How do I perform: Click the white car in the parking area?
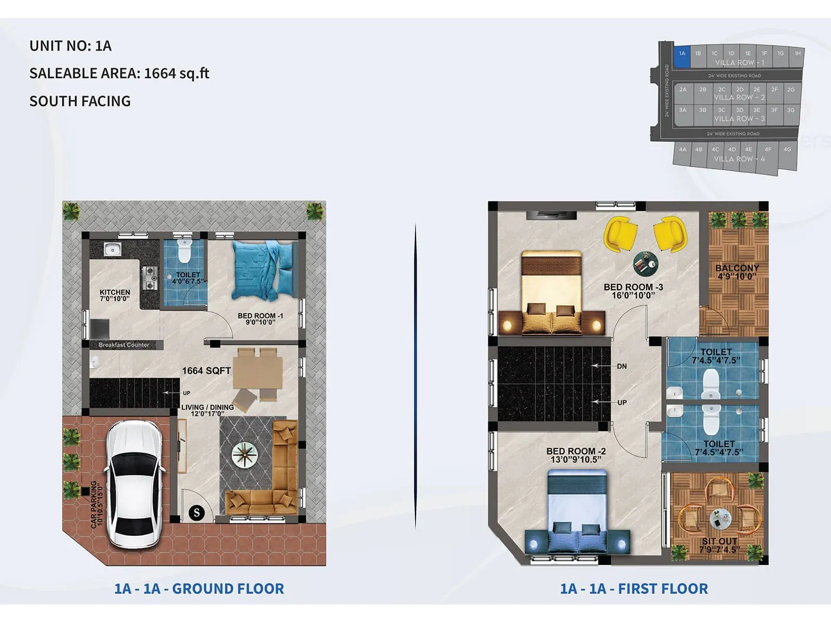click(x=135, y=484)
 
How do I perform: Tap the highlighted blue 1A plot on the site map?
click(x=682, y=57)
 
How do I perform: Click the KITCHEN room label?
click(x=115, y=295)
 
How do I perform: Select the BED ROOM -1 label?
click(x=260, y=318)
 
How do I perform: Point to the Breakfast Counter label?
click(x=124, y=345)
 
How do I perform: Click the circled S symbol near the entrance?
click(x=196, y=513)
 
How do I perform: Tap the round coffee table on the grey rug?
click(x=245, y=454)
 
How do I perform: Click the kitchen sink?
click(x=112, y=249)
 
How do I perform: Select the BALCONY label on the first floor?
click(x=736, y=272)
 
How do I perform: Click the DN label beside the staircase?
click(x=622, y=366)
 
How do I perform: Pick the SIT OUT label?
click(x=719, y=545)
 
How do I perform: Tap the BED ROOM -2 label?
click(x=575, y=455)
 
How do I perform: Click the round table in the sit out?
click(x=720, y=518)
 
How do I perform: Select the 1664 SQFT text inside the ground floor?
click(x=206, y=371)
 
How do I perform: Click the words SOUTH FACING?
click(x=80, y=101)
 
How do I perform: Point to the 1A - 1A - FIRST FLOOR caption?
click(x=634, y=589)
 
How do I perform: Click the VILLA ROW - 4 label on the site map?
click(x=739, y=159)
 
